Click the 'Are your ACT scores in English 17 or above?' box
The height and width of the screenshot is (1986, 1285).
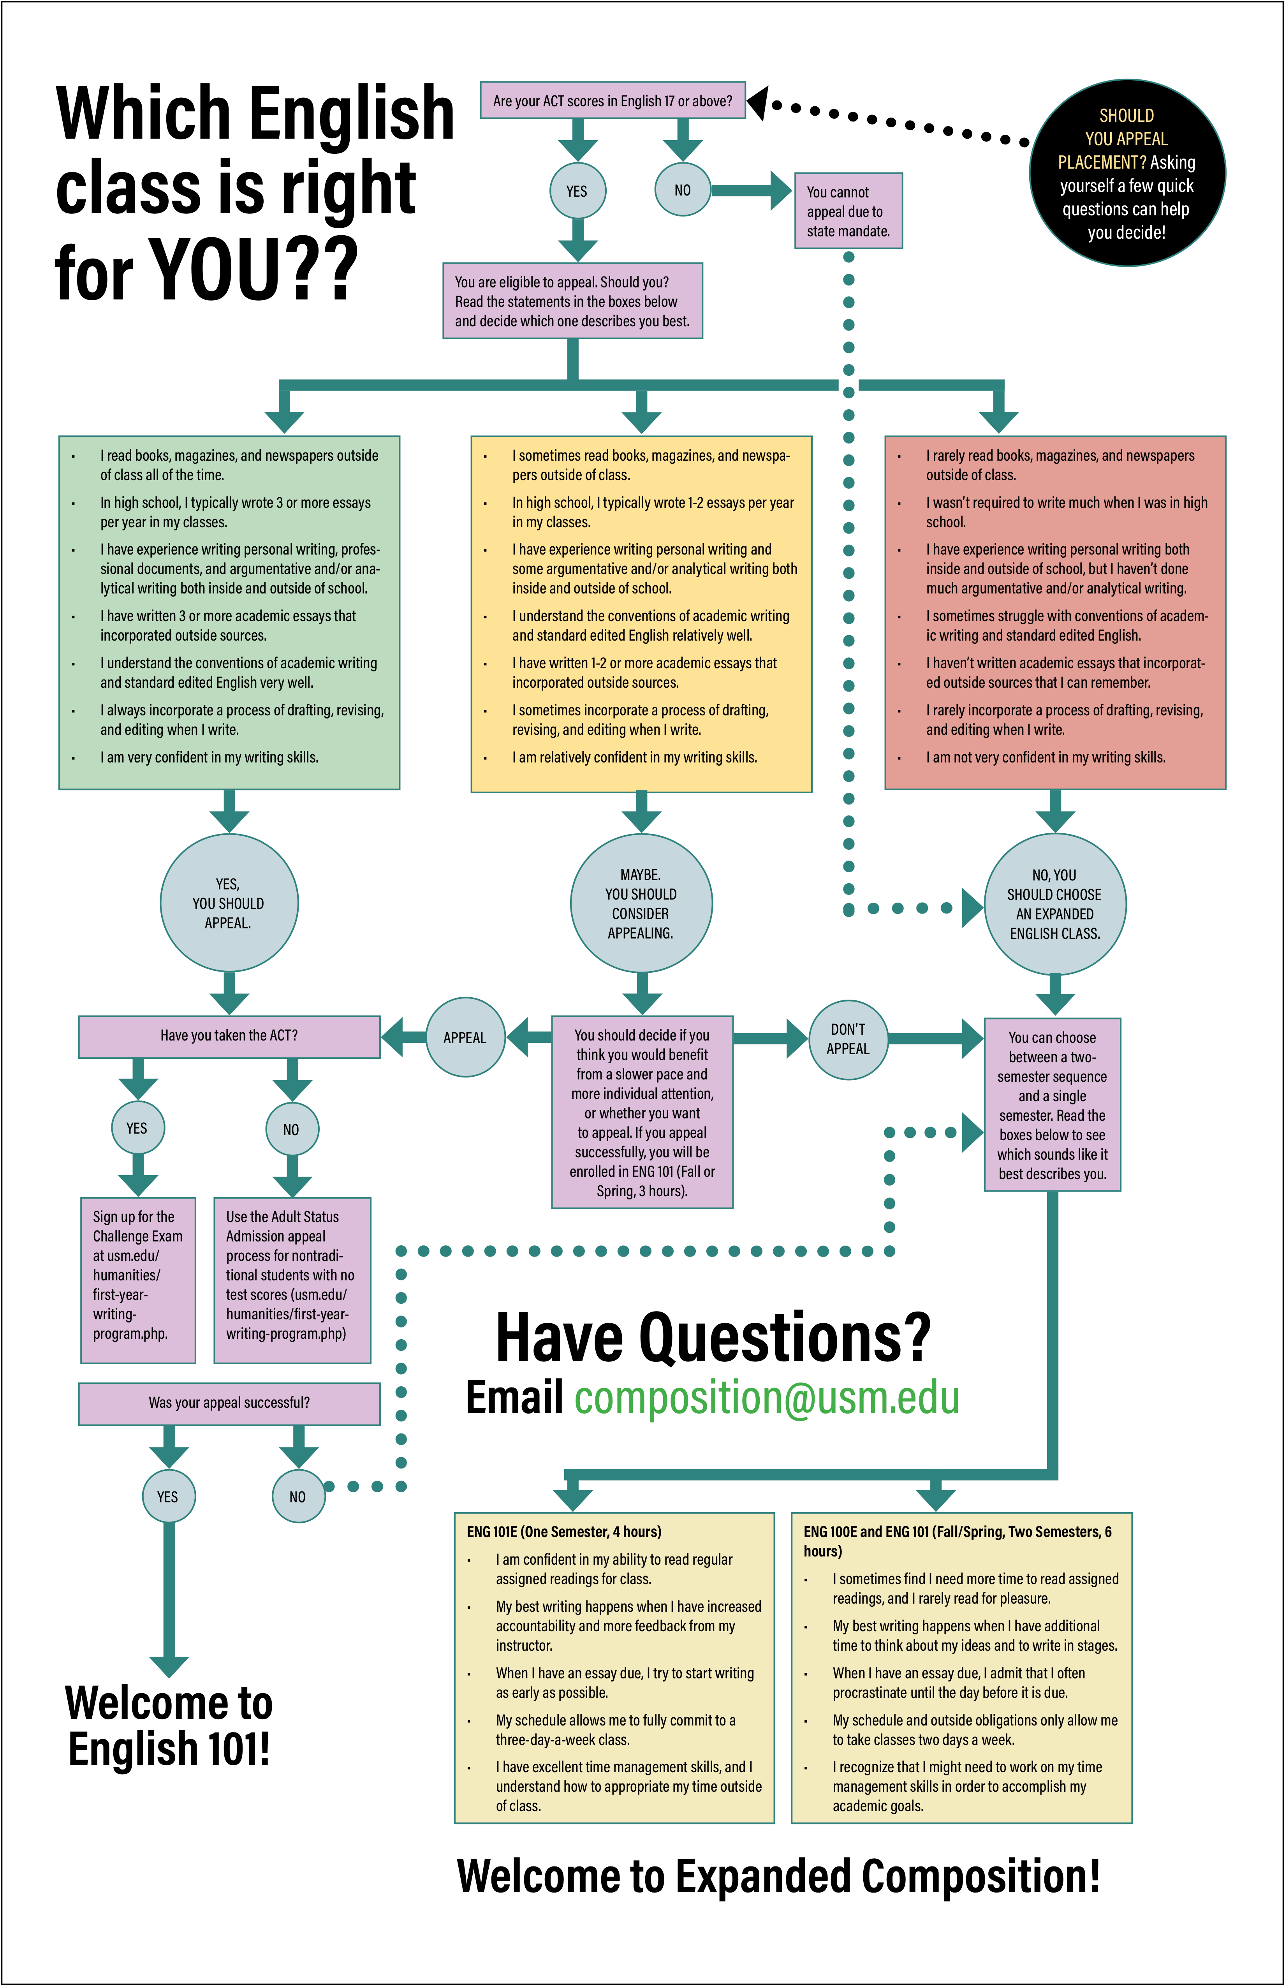613,100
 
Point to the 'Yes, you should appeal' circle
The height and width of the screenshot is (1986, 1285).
229,903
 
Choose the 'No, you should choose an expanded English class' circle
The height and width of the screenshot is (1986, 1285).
1056,904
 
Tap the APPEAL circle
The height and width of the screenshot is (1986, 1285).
465,1037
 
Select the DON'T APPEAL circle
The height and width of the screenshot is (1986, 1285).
848,1039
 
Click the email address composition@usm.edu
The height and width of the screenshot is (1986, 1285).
767,1398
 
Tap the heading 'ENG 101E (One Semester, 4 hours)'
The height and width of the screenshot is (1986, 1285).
564,1531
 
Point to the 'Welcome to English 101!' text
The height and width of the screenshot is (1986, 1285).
169,1727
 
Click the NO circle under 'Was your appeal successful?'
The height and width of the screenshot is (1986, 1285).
298,1496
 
